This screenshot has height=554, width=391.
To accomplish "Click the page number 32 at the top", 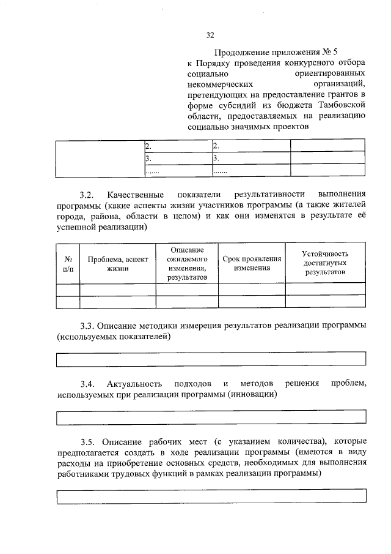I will click(x=210, y=35).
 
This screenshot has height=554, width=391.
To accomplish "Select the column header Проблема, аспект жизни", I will click(x=117, y=264).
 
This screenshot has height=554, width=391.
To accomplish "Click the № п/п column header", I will click(x=68, y=264).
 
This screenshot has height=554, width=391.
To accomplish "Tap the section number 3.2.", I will click(x=87, y=195).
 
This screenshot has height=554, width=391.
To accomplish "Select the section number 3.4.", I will click(x=87, y=384).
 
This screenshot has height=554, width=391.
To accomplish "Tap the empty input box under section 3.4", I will click(x=211, y=417).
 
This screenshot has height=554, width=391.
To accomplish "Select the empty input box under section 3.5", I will click(x=211, y=496).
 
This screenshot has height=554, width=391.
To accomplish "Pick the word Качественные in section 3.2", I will click(x=134, y=195).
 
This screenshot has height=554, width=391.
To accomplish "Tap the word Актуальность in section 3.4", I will click(x=135, y=384).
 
